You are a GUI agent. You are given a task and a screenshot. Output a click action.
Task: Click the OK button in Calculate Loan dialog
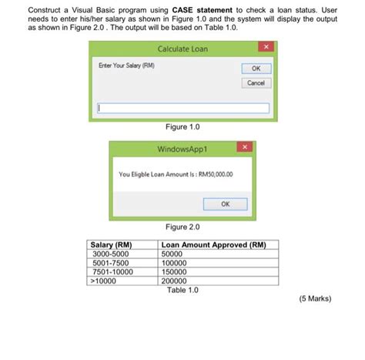[x=256, y=69]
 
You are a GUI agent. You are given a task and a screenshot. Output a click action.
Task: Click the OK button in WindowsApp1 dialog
[x=225, y=204]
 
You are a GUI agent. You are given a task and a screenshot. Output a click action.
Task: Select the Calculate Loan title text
[x=182, y=49]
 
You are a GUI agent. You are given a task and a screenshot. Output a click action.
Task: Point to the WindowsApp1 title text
[x=182, y=146]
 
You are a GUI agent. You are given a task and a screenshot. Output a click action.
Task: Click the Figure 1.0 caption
[x=182, y=126]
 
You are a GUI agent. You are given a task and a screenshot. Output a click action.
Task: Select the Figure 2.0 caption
[x=182, y=227]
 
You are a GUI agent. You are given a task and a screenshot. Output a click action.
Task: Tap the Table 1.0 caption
[x=182, y=290]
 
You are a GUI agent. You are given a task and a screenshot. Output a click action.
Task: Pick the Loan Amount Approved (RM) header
[x=214, y=244]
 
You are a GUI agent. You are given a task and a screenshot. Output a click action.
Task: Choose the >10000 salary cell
[x=108, y=281]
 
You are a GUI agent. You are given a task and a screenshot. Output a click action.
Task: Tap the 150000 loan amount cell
[x=176, y=271]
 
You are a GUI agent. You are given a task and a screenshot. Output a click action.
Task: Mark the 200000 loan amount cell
[x=176, y=281]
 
